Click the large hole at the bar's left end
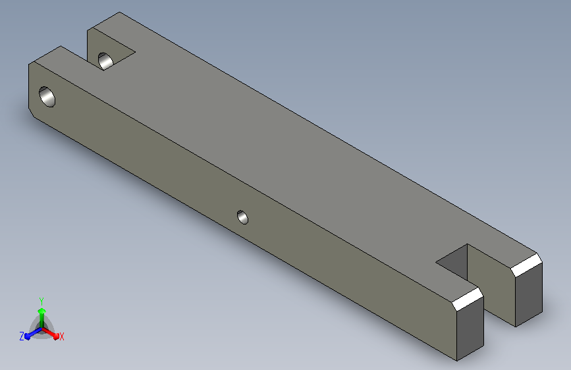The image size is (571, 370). [x=47, y=97]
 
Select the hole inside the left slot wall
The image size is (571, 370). [x=105, y=61]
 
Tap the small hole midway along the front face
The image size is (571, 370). [x=242, y=217]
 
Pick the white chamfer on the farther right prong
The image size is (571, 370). [x=526, y=265]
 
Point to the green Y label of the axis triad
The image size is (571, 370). [x=41, y=302]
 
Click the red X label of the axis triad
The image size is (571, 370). [x=61, y=336]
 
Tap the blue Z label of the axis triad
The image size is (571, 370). [x=22, y=336]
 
